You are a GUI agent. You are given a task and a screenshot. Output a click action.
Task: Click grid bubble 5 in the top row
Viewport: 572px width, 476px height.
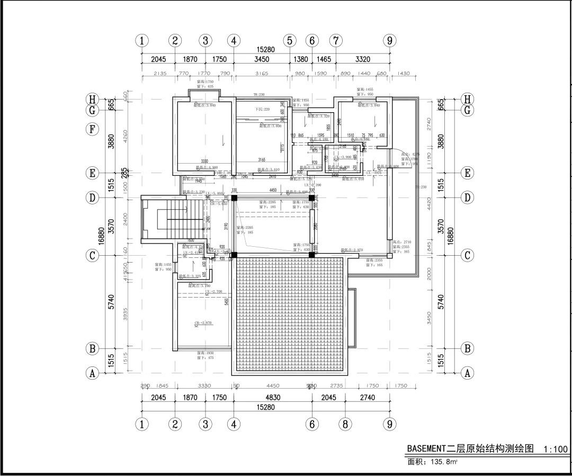click(x=289, y=41)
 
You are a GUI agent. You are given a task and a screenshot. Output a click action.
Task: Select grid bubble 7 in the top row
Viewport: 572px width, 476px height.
click(x=336, y=41)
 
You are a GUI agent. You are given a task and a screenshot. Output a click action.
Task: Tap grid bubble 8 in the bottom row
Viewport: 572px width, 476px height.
click(x=345, y=424)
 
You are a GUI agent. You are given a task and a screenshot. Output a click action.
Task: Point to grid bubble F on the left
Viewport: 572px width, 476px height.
click(x=93, y=129)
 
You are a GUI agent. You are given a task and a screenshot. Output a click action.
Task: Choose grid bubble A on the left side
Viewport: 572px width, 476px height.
click(x=93, y=373)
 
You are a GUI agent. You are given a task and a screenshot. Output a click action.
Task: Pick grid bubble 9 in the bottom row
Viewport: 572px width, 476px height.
click(x=390, y=424)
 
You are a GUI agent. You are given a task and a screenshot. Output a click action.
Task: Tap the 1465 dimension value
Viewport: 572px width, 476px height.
click(x=324, y=59)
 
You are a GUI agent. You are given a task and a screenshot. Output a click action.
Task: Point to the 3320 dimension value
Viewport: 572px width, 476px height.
click(x=363, y=59)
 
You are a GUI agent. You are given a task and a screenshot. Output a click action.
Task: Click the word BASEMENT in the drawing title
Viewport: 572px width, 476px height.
click(x=427, y=448)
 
